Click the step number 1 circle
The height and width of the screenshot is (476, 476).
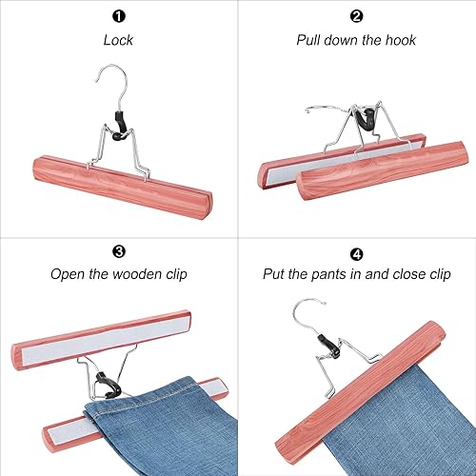(119, 16)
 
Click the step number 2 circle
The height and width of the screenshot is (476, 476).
(356, 16)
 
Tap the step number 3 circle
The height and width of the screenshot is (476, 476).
(119, 251)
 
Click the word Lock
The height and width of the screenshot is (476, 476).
(119, 40)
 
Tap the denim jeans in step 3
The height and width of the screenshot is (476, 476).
(143, 428)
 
